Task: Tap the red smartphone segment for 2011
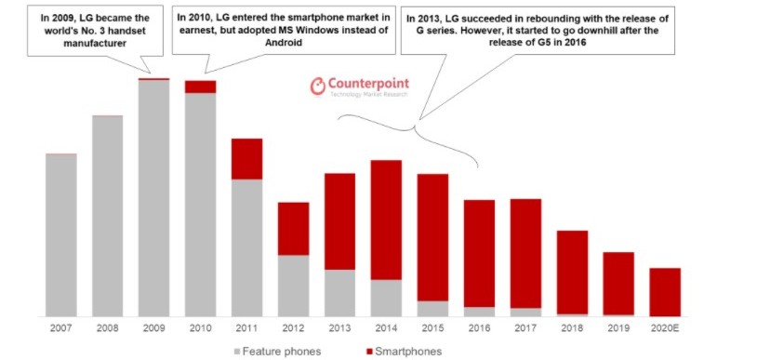[x=246, y=159]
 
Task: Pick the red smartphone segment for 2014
[x=386, y=220]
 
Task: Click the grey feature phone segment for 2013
[x=339, y=293]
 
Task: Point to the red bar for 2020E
[x=665, y=292]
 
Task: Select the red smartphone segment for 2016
[x=479, y=253]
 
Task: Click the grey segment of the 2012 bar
[x=293, y=286]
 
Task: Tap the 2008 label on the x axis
[x=108, y=328]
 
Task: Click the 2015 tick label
[x=432, y=328]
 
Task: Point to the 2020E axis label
[x=665, y=328]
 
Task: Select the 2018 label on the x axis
[x=572, y=328]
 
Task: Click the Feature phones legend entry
[x=279, y=351]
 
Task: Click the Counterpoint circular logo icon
[x=317, y=87]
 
